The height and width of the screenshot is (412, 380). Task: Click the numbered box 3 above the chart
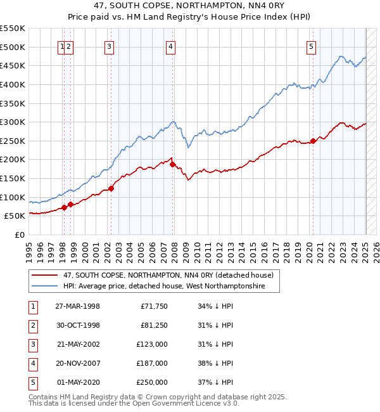pyautogui.click(x=110, y=46)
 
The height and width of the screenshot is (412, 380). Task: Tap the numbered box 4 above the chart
pyautogui.click(x=171, y=46)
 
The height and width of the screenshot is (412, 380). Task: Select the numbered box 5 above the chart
pyautogui.click(x=312, y=46)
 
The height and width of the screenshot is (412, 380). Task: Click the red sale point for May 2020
pyautogui.click(x=313, y=141)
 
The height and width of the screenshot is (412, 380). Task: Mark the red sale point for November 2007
pyautogui.click(x=173, y=164)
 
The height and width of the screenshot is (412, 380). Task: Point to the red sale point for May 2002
pyautogui.click(x=111, y=188)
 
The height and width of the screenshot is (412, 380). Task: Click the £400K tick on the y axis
pyautogui.click(x=13, y=84)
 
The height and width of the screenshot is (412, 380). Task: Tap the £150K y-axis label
pyautogui.click(x=13, y=178)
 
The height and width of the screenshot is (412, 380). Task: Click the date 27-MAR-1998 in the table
pyautogui.click(x=77, y=306)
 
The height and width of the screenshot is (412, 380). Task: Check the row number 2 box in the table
pyautogui.click(x=33, y=325)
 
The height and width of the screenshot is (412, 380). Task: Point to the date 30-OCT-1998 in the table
pyautogui.click(x=77, y=325)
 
